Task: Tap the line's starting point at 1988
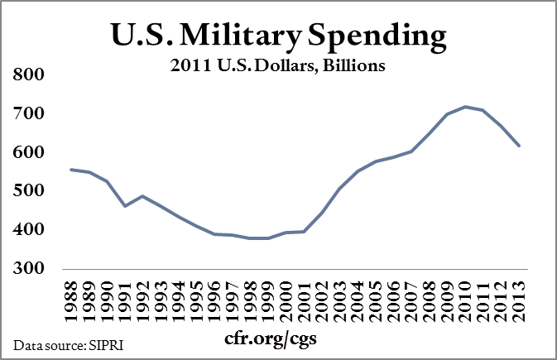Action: click(73, 170)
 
